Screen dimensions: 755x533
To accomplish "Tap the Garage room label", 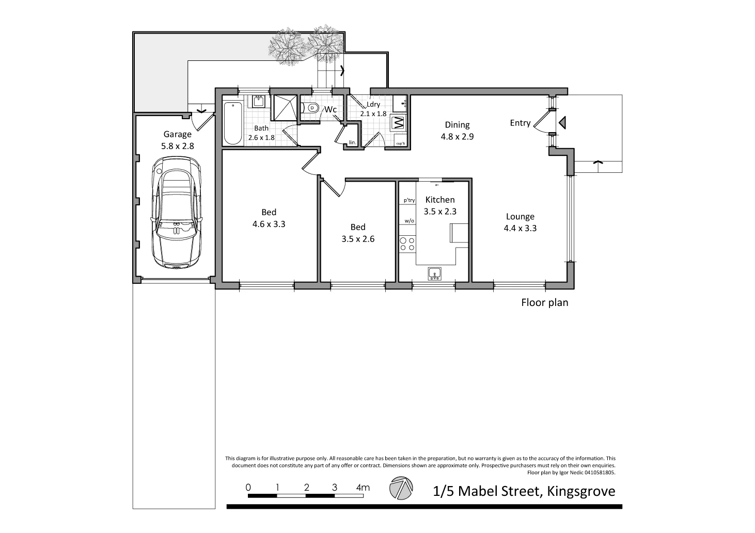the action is (177, 134).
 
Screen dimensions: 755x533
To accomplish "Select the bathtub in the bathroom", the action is (233, 123).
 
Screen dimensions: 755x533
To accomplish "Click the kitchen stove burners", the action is (407, 244).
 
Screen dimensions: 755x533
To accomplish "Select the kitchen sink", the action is (435, 274).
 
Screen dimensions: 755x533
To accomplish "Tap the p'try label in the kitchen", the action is (409, 200).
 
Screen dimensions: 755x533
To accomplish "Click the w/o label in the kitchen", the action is (409, 221).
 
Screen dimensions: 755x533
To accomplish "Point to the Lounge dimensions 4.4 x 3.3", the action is (520, 228).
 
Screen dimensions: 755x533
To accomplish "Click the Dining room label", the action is (457, 125).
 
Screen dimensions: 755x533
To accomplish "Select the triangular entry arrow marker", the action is (562, 123).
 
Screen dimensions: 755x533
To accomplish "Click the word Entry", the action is (520, 123).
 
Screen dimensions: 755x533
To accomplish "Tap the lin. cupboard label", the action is (352, 142).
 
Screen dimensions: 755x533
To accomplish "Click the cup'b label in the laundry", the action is (400, 143).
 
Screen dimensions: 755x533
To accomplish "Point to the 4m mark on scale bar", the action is (363, 487).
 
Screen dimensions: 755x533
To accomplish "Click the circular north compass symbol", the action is (401, 488).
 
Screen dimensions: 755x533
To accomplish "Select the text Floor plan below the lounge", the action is (545, 303).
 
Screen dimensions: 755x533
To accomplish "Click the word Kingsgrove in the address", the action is (581, 491).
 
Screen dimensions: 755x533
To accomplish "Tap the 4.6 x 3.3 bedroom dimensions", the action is (269, 224).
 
